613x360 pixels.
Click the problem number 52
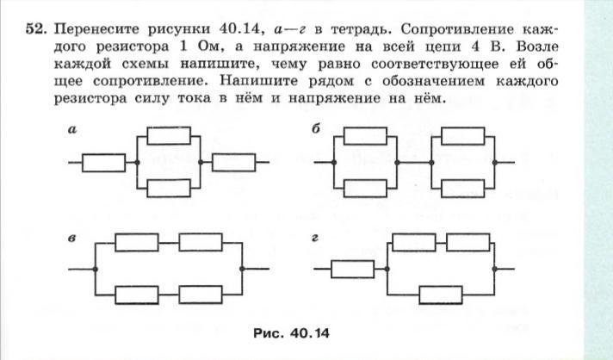tap(34, 28)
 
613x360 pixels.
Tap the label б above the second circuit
tap(319, 130)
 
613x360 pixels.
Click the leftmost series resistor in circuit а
tap(102, 161)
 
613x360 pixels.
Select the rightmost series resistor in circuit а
tap(232, 161)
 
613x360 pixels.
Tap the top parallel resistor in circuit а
tap(169, 135)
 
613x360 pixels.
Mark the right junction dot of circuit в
tap(244, 270)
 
